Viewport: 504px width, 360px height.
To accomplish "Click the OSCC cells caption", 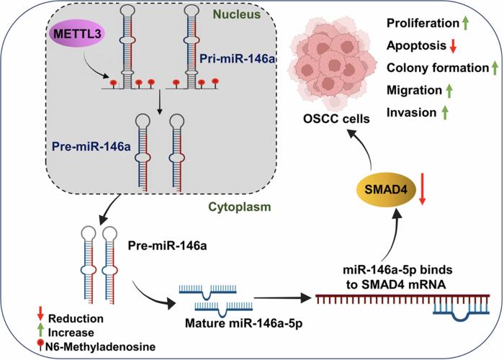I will click(x=334, y=120).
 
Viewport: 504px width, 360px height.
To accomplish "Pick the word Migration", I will click(x=413, y=90).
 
